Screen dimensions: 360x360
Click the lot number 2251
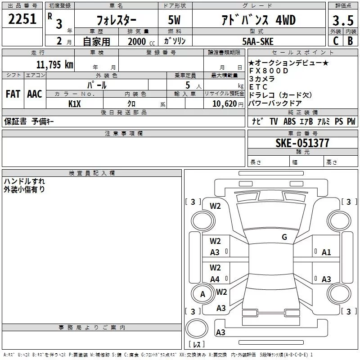click(22, 19)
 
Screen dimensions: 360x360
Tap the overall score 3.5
click(342, 21)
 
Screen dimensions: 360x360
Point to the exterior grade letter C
click(335, 40)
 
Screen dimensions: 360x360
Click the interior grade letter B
click(350, 40)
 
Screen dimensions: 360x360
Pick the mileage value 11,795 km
click(54, 64)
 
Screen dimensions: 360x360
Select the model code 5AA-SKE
click(257, 41)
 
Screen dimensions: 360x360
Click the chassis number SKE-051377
click(302, 143)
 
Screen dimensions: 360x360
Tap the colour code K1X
click(74, 103)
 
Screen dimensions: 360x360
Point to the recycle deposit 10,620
click(223, 103)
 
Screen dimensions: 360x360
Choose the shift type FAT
click(13, 94)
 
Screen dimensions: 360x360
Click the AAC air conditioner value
click(34, 94)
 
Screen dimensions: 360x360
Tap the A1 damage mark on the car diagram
click(326, 252)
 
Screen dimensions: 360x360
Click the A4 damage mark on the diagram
click(215, 279)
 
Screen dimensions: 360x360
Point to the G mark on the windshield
click(284, 237)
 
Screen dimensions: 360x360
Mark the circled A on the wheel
click(202, 294)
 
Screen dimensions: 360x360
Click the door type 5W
click(175, 20)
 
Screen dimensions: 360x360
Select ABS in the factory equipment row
click(289, 121)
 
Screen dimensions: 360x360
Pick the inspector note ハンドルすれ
click(24, 181)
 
